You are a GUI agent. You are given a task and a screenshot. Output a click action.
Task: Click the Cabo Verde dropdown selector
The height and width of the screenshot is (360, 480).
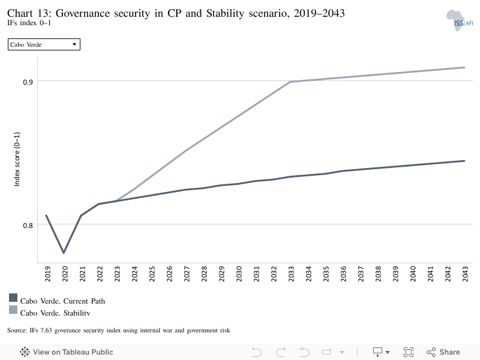click(x=44, y=44)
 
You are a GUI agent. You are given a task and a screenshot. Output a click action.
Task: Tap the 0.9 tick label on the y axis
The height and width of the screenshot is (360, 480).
click(x=28, y=82)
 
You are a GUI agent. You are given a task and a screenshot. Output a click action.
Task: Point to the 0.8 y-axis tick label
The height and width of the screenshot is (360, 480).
click(x=28, y=226)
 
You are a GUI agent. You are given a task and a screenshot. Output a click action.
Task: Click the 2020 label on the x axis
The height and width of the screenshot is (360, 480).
click(x=65, y=274)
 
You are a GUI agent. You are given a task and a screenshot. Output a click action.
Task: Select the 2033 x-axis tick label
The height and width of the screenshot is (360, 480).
click(x=291, y=274)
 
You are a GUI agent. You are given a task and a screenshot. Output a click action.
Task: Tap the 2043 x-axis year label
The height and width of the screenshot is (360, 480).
click(x=465, y=274)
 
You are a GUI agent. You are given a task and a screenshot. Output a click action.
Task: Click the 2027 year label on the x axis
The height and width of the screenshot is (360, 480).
click(x=187, y=274)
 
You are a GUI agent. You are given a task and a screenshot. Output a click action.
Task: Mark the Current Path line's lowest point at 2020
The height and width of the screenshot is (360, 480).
click(x=64, y=253)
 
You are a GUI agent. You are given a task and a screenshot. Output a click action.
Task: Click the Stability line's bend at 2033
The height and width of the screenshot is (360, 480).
click(x=290, y=82)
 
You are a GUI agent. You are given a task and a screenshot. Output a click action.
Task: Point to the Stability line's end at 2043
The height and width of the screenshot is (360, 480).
click(x=464, y=67)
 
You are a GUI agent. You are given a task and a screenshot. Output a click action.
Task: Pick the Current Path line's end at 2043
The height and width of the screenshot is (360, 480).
click(x=464, y=161)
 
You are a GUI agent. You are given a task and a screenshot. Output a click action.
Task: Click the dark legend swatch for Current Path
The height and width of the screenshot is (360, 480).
click(x=13, y=298)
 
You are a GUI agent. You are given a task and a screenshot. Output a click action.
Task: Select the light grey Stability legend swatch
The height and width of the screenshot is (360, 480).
click(x=13, y=310)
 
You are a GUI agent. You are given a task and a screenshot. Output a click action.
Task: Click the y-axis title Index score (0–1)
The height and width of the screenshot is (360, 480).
click(x=17, y=159)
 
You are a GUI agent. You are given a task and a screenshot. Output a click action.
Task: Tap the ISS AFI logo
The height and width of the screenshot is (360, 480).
click(x=460, y=20)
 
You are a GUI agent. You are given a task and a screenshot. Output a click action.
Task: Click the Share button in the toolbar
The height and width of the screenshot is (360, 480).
click(x=443, y=352)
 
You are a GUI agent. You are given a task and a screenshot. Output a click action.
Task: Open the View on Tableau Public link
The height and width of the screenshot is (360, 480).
click(x=67, y=352)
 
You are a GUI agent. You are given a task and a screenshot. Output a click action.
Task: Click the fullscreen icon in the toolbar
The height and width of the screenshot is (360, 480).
click(x=409, y=352)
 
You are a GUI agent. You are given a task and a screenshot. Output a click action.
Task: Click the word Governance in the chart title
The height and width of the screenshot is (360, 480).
click(x=82, y=13)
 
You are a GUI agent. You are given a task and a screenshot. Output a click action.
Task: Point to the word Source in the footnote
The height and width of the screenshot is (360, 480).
click(x=17, y=331)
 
